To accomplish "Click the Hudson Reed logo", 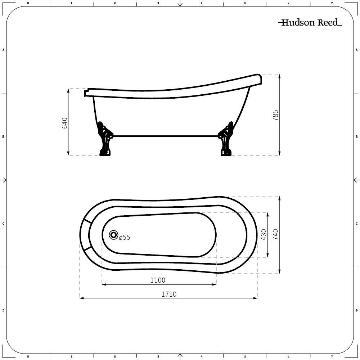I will [x=310, y=23].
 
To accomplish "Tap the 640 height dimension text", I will [x=65, y=123].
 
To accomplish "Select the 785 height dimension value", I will [x=275, y=115].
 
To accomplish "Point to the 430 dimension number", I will [x=264, y=235].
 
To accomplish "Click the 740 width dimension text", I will [x=275, y=235].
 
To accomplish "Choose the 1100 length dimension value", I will [x=158, y=280].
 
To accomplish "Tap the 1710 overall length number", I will [x=168, y=294].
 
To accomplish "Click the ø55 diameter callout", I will [x=125, y=238].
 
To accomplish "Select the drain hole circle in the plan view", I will [x=114, y=235].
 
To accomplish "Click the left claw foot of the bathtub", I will [x=105, y=140].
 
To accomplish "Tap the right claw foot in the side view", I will [x=226, y=140].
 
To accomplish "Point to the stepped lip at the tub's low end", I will [x=86, y=93].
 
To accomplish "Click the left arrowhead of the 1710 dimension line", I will [x=81, y=298].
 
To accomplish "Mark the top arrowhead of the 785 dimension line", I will [x=279, y=76].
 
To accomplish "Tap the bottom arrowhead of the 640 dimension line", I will [x=68, y=154].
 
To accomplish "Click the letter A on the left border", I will [x=3, y=50].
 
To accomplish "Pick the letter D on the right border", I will [x=356, y=310].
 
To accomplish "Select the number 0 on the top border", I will [x=28, y=3].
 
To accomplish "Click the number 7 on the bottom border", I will [x=332, y=357].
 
